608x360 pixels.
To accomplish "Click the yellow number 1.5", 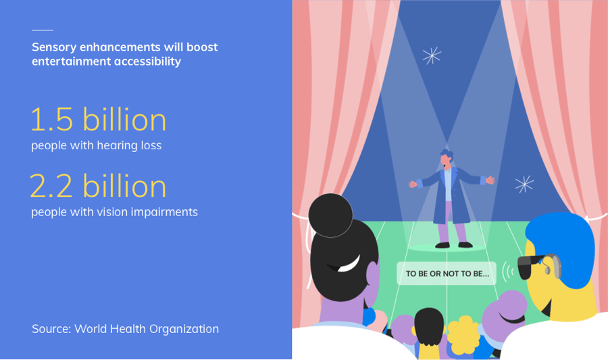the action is (52, 120).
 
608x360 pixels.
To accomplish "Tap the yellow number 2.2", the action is (51, 186).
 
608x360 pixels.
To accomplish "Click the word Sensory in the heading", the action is (54, 47).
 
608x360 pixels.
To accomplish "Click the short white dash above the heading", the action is (43, 30).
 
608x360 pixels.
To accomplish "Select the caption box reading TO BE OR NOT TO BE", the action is (447, 274).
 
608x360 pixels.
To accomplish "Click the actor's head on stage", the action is (447, 159).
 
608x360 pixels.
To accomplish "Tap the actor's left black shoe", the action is (442, 245).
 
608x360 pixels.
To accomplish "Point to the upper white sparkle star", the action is (432, 55).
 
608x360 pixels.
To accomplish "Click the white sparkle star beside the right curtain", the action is (524, 184).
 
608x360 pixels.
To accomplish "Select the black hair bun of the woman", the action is (330, 215).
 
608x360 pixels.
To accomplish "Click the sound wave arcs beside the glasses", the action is (507, 273).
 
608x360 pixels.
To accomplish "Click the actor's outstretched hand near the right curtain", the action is (490, 180).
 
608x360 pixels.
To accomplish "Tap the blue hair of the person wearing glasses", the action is (562, 244).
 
